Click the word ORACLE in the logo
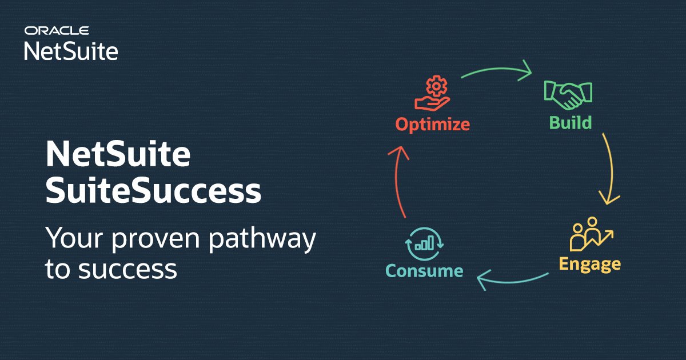tap(56, 30)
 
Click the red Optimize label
tap(433, 123)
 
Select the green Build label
tap(570, 122)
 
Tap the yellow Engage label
tap(589, 263)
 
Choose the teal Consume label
tap(424, 270)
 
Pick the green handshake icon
tap(568, 94)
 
